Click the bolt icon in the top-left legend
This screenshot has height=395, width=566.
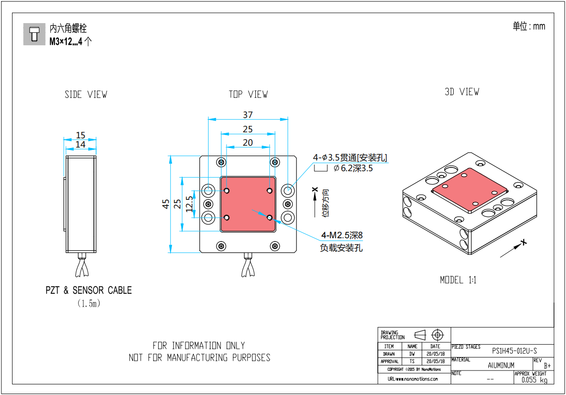[x=35, y=34]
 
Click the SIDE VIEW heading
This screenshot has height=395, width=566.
[x=86, y=94]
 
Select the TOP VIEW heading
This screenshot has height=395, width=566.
[x=248, y=94]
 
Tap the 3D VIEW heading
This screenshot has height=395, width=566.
[x=462, y=92]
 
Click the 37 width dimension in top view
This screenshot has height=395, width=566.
[x=248, y=115]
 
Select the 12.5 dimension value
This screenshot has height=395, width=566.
[x=189, y=204]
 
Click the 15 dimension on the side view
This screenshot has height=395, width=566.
[x=81, y=135]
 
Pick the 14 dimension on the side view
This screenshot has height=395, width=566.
[x=80, y=144]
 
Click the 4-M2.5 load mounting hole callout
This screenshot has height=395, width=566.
[x=341, y=235]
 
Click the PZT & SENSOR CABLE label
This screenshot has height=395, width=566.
[x=89, y=290]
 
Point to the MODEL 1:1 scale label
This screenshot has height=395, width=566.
[x=458, y=280]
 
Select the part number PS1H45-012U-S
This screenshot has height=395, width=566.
[x=514, y=351]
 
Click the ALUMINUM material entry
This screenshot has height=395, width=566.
[x=501, y=365]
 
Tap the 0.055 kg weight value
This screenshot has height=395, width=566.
[x=534, y=380]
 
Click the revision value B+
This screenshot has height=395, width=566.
[x=548, y=366]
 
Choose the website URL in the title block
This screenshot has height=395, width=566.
[x=413, y=379]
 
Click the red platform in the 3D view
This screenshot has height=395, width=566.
[x=469, y=190]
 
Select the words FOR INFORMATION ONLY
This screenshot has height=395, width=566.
[x=199, y=346]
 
